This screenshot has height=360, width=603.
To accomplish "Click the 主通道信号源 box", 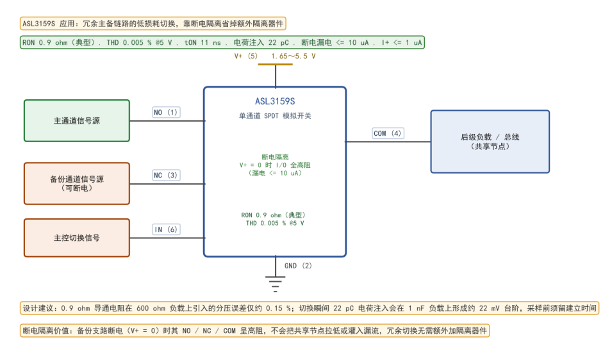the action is click(x=77, y=121).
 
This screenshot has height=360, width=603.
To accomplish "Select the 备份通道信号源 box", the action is click(x=77, y=183).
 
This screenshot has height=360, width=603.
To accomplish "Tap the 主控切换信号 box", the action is click(x=77, y=238).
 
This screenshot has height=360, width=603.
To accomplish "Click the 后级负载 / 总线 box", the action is click(x=490, y=142).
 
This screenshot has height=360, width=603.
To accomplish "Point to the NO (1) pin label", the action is click(x=166, y=112).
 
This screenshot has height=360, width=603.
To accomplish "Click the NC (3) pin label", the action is click(x=166, y=175).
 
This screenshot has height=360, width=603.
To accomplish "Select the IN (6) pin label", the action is click(x=166, y=229).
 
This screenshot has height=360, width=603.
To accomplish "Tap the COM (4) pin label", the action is click(x=388, y=133).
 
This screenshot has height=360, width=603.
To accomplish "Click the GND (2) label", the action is click(x=298, y=266).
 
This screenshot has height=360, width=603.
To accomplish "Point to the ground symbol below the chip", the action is click(x=276, y=284).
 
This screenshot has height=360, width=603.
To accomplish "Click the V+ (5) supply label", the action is click(x=245, y=56).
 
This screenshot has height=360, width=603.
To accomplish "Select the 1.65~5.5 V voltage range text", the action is click(x=293, y=56).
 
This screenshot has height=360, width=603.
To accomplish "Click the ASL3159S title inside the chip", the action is click(x=275, y=101).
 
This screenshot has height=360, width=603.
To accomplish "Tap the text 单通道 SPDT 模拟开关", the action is click(x=275, y=116).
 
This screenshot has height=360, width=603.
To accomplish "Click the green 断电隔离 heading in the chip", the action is click(x=275, y=157).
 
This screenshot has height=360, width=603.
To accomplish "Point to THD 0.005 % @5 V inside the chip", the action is click(x=275, y=223).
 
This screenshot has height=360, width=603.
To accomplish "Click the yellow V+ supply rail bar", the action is click(x=276, y=64).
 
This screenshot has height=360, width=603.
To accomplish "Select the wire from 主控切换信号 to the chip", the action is click(x=167, y=238).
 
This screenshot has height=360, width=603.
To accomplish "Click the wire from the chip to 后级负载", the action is click(x=388, y=142).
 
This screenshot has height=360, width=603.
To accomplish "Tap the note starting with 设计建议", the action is click(x=310, y=308).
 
